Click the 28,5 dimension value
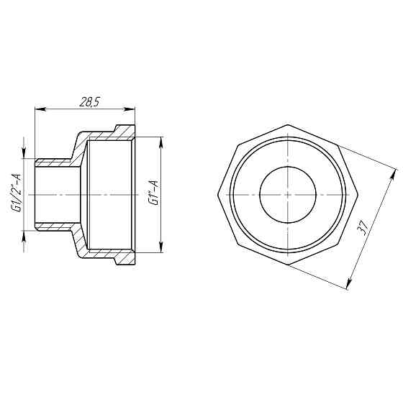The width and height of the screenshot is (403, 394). (88, 102)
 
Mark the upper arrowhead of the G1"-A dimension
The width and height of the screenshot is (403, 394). (160, 139)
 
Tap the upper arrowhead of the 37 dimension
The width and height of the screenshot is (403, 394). (392, 172)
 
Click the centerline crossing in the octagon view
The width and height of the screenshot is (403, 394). (287, 195)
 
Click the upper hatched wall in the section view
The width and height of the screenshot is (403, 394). (108, 134)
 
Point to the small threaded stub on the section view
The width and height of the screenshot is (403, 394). (54, 194)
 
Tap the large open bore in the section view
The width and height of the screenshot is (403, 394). (109, 194)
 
